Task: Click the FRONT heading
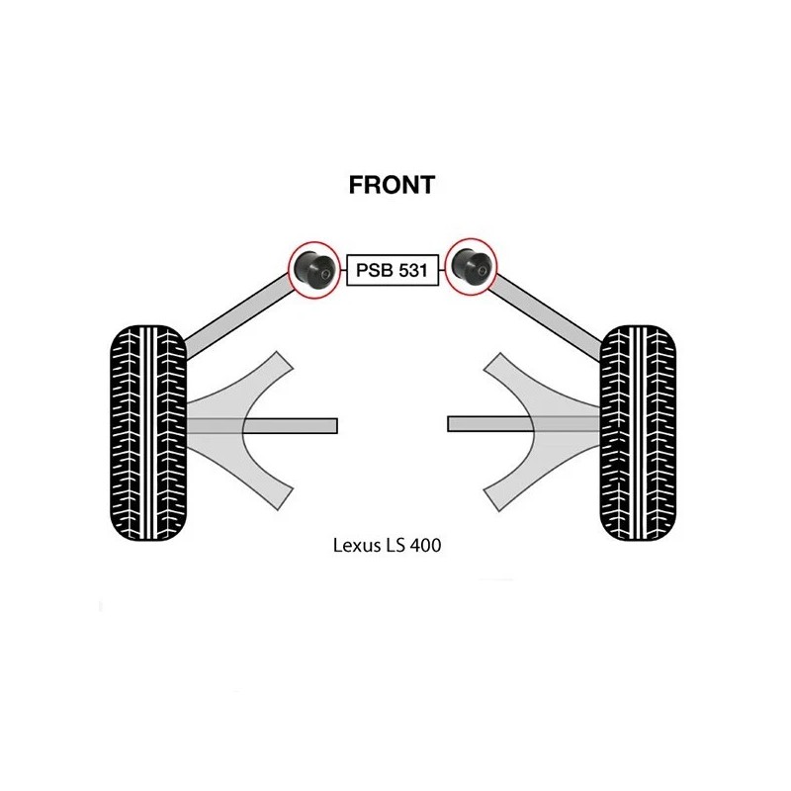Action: point(392,185)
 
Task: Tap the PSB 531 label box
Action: point(393,270)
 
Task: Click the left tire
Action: point(148,433)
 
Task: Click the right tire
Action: point(638,433)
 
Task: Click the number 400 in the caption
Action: point(426,546)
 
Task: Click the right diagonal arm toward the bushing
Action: point(547,317)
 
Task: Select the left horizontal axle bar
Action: point(262,426)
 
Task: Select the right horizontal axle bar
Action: point(524,424)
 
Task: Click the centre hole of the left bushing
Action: point(325,275)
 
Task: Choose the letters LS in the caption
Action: point(395,546)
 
